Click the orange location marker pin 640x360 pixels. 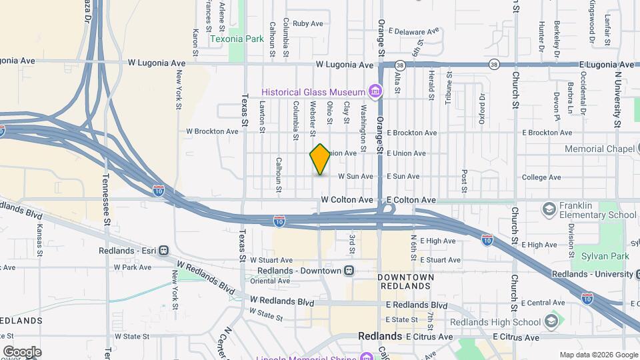coord(321,159)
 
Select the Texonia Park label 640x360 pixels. coord(237,39)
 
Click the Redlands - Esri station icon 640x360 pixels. coord(162,251)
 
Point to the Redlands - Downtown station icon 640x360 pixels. coord(349,271)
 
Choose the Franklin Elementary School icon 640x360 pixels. coord(549,209)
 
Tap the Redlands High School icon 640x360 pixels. coord(551,322)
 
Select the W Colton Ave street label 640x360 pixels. coord(347,200)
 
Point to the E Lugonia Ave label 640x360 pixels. coord(605,63)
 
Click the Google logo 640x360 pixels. coord(22,352)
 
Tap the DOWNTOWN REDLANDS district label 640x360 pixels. coord(405,281)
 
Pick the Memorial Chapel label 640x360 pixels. coord(599,149)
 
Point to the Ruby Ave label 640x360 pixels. coord(307,23)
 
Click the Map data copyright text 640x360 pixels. coord(598,355)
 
